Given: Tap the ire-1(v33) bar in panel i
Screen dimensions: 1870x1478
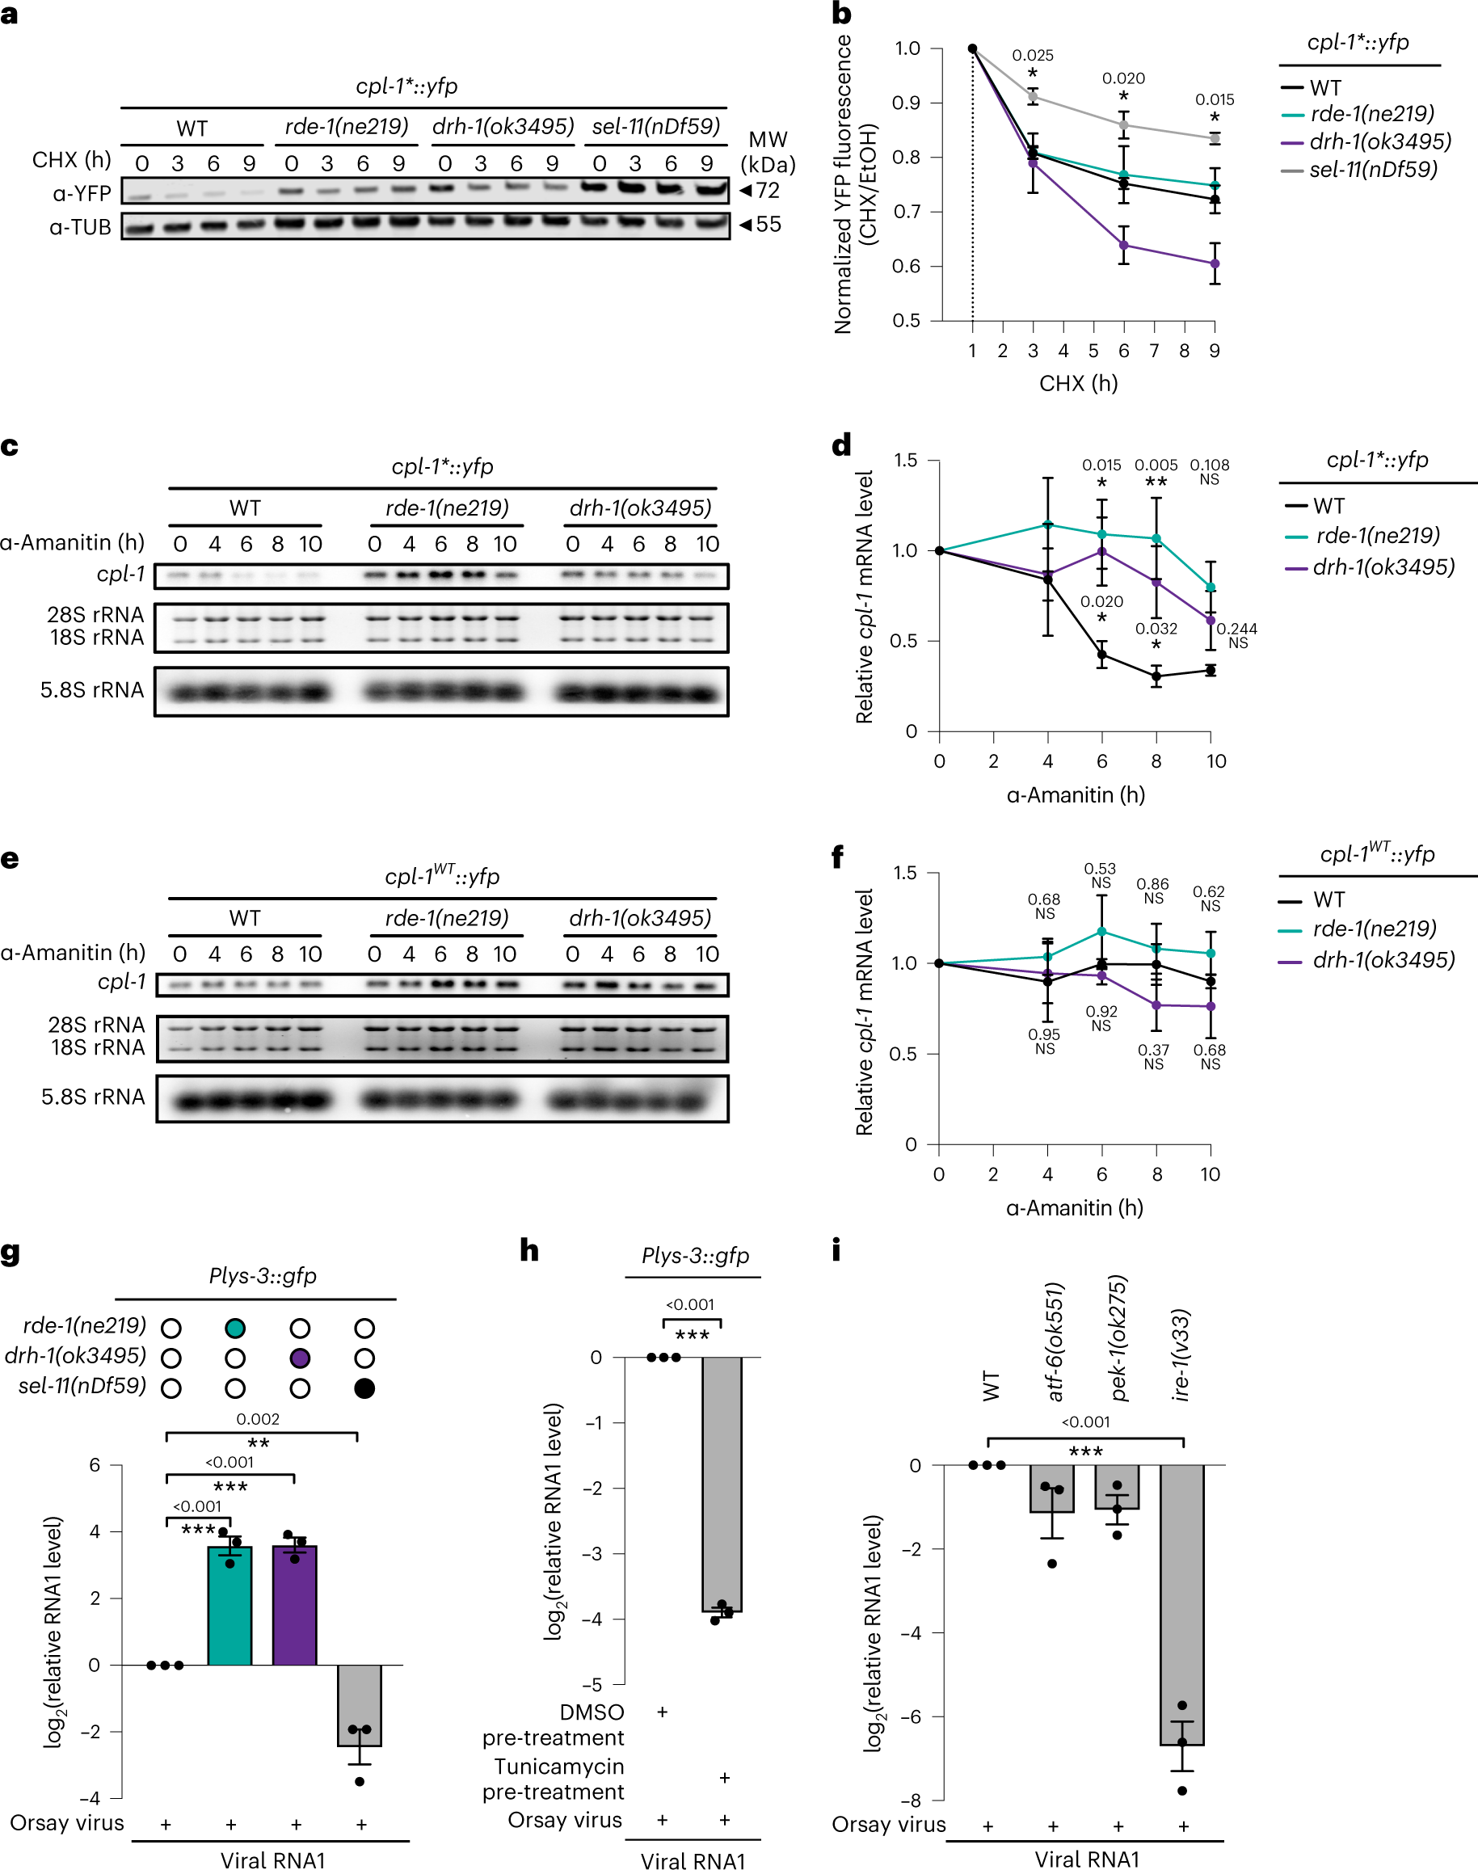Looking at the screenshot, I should click(1182, 1601).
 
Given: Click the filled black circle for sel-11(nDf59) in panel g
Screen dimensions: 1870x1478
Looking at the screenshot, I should click(364, 1389).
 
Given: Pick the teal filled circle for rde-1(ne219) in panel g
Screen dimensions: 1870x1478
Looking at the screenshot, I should click(234, 1329).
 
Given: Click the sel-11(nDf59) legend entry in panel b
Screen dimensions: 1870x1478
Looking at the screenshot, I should click(1371, 170).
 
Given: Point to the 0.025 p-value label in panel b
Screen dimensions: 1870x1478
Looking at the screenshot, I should click(1033, 56).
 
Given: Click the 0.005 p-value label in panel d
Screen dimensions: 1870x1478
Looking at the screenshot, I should click(1156, 465).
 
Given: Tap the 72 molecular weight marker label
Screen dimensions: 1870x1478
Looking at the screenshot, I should click(768, 191).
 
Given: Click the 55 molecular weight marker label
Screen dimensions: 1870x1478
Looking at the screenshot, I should click(768, 225).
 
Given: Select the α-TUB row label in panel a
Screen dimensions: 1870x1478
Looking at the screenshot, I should click(81, 227).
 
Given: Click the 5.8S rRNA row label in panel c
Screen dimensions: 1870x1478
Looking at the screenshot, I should click(92, 690).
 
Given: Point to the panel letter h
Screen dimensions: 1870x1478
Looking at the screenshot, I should click(528, 1249).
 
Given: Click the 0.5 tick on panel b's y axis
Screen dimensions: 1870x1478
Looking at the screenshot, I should click(906, 320).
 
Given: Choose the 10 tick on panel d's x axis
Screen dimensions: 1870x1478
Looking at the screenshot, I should click(1216, 761).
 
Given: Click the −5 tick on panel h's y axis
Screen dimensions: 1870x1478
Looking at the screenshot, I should click(593, 1685).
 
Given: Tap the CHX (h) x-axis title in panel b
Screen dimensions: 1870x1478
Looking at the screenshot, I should click(1078, 383).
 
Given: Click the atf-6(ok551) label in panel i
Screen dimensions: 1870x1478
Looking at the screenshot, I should click(1055, 1341).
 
